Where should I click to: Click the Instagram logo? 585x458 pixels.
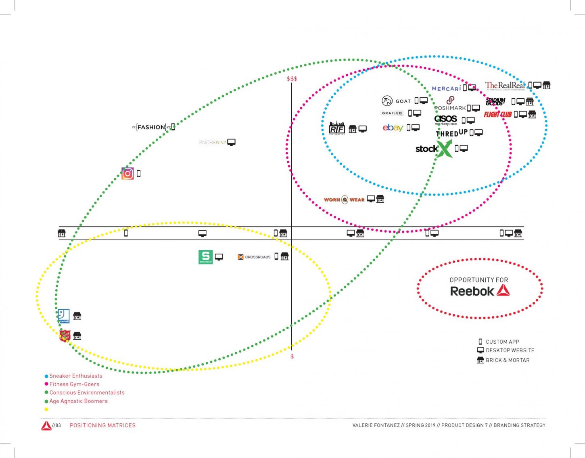click(127, 173)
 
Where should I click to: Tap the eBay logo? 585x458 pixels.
click(393, 128)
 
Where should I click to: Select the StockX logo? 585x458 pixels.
click(433, 149)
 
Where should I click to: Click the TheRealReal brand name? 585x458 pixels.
click(505, 86)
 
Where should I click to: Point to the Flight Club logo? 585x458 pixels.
click(497, 114)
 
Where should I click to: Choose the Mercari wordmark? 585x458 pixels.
click(446, 88)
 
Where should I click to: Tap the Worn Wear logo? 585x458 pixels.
click(344, 200)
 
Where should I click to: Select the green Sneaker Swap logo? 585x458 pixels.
click(205, 257)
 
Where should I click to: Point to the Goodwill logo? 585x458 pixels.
click(64, 316)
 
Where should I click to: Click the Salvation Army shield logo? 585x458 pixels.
click(65, 336)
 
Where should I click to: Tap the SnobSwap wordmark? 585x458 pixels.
click(212, 143)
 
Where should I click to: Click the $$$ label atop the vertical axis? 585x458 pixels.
click(292, 79)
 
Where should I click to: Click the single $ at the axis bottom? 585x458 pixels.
click(292, 357)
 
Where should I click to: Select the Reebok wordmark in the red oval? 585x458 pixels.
click(472, 291)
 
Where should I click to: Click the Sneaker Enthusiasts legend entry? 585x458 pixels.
click(75, 376)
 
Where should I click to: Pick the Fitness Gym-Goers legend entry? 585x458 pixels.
click(74, 384)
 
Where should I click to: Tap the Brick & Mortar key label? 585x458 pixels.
click(507, 360)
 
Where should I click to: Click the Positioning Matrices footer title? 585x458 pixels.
click(102, 425)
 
